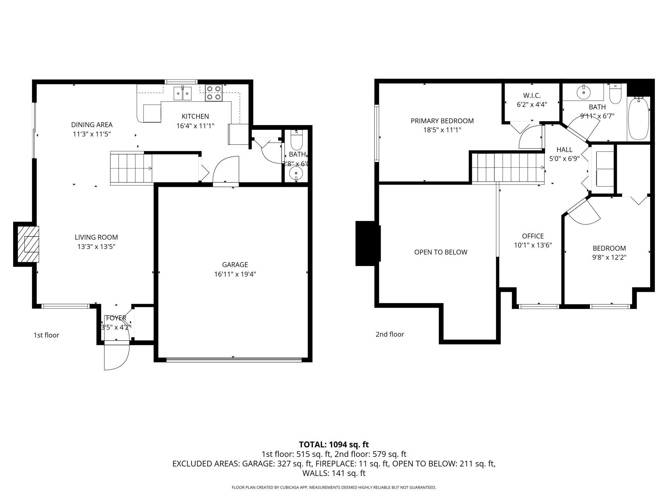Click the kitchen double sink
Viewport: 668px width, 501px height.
(182, 93)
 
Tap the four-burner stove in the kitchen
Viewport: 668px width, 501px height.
(214, 93)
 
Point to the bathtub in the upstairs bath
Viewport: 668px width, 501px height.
(638, 119)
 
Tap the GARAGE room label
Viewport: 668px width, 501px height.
(235, 265)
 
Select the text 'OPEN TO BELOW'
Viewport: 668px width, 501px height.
(441, 252)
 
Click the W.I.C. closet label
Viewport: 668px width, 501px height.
(532, 95)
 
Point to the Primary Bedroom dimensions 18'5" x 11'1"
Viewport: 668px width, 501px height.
(442, 130)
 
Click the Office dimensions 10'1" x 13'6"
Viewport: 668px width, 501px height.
(533, 245)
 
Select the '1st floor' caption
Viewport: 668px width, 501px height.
(46, 335)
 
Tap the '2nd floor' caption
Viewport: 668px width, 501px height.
(390, 334)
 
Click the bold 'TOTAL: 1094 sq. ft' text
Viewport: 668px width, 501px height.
(334, 444)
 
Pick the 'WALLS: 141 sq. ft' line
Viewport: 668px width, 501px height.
(334, 473)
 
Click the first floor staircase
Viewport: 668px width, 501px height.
(131, 168)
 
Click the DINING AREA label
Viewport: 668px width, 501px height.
(92, 125)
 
